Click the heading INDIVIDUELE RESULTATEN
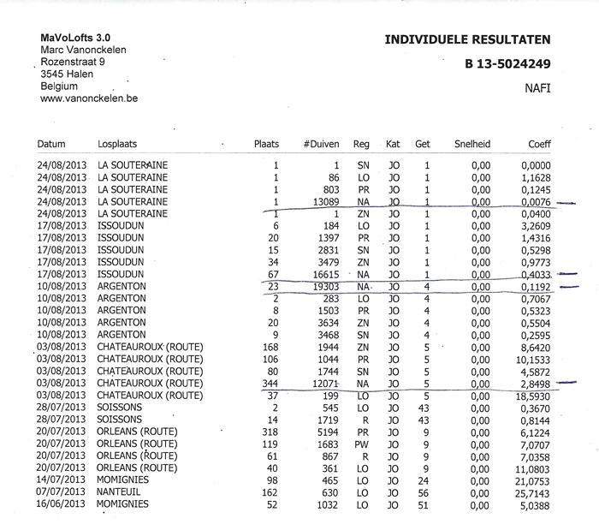click(467, 39)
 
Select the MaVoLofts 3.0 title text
click(76, 38)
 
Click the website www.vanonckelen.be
click(89, 98)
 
